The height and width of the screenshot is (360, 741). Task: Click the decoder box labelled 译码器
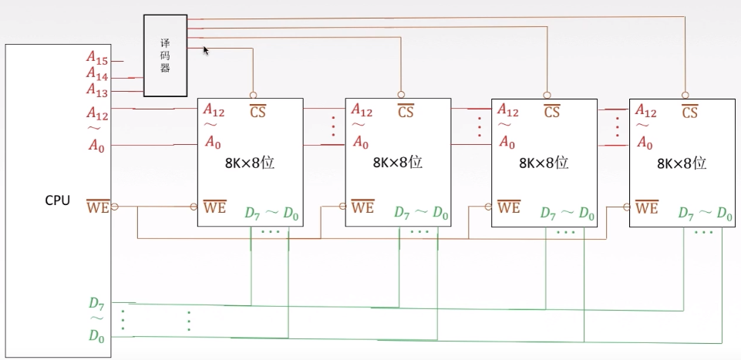(x=166, y=56)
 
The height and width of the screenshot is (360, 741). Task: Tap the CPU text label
(x=58, y=200)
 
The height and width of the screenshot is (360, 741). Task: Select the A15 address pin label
(x=97, y=58)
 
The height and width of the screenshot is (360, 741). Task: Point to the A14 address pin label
(x=97, y=74)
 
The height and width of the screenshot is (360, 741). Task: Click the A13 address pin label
(x=97, y=89)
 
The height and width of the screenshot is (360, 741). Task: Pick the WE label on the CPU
(x=98, y=207)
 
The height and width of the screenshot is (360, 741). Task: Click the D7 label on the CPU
(x=96, y=303)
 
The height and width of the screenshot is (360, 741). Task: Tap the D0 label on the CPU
(x=96, y=336)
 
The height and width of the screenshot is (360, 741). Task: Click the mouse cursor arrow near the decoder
(x=206, y=51)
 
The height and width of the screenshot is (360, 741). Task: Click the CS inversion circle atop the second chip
(x=401, y=95)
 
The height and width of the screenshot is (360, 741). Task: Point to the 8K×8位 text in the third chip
(x=544, y=163)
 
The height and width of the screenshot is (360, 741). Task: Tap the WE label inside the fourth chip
(x=647, y=207)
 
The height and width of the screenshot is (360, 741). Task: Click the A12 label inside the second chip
(x=362, y=110)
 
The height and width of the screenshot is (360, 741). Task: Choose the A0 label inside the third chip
(x=507, y=142)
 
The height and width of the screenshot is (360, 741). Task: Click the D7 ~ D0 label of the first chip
(x=271, y=213)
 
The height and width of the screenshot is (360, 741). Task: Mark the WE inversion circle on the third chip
(x=488, y=207)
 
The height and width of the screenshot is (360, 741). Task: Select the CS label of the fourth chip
(x=690, y=112)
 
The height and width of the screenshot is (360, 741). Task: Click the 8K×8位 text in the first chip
(x=250, y=163)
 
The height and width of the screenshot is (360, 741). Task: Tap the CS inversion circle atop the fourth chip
(x=685, y=95)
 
